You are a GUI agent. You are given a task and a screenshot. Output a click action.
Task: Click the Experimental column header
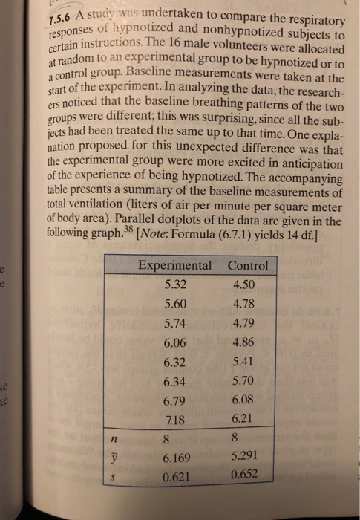(x=174, y=266)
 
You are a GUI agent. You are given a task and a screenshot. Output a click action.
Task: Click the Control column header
(x=248, y=266)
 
